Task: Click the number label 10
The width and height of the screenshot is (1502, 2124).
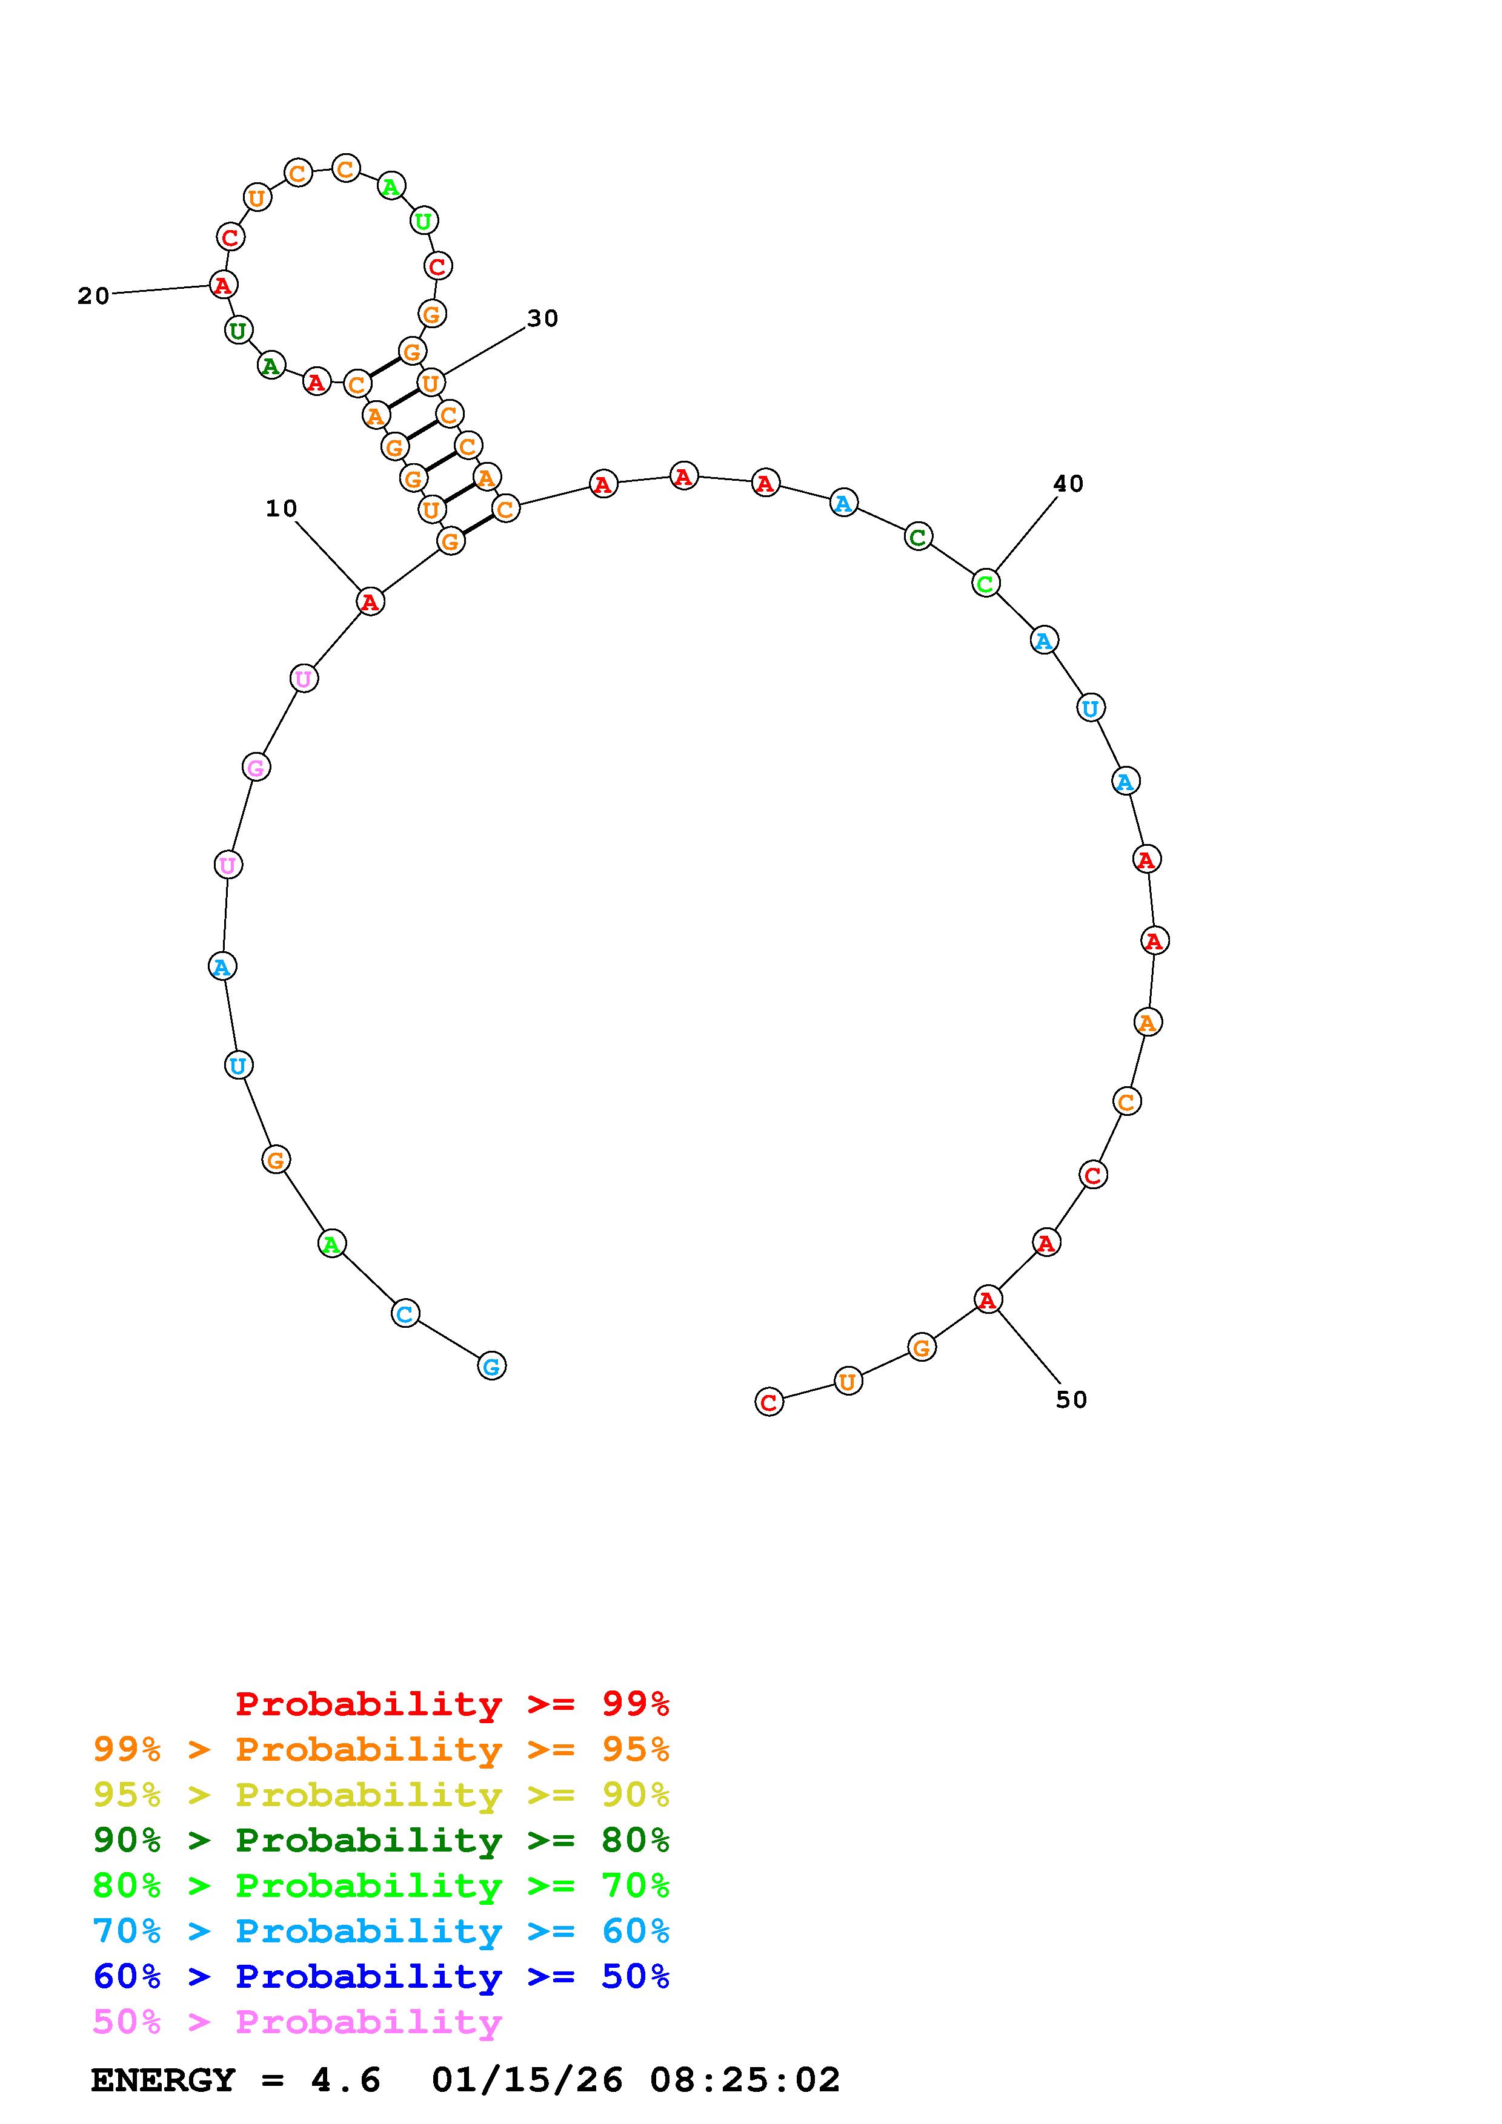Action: point(281,509)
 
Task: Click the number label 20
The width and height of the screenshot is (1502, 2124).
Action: point(93,296)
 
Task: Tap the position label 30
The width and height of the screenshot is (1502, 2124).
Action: point(543,318)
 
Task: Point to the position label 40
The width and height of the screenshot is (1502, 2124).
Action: point(1068,484)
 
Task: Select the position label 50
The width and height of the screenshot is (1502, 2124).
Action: point(1072,1400)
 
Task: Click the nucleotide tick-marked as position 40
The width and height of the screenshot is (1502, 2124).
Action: point(986,584)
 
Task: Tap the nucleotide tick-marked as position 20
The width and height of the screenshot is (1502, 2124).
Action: point(222,285)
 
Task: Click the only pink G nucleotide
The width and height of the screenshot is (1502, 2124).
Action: point(256,767)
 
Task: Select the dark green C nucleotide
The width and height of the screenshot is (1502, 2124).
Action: point(918,536)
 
